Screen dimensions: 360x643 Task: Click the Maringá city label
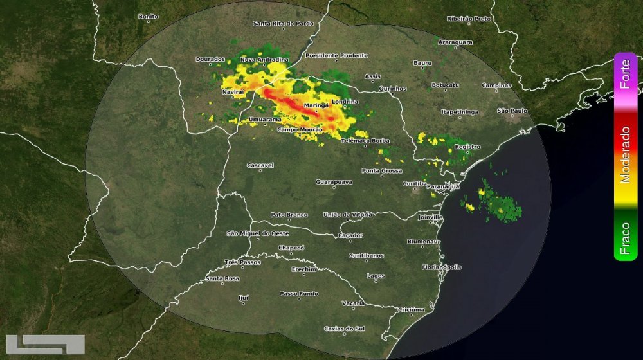point(316,104)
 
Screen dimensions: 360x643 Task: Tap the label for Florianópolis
point(442,267)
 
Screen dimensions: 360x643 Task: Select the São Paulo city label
point(512,111)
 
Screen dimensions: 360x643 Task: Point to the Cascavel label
point(260,165)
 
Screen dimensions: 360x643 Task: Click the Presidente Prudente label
point(331,55)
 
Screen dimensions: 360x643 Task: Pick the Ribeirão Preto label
point(469,19)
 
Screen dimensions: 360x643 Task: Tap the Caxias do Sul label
point(344,328)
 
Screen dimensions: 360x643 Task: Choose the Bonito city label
point(149,16)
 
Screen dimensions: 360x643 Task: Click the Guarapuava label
point(334,182)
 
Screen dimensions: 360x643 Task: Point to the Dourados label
point(210,59)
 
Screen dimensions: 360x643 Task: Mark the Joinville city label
point(430,218)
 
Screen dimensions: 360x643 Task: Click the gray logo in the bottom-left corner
point(45,345)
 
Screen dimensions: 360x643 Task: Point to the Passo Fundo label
point(299,293)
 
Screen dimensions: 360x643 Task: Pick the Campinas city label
point(496,85)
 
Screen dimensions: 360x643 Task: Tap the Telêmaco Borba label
point(365,140)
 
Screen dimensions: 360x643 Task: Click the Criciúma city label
point(411,309)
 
